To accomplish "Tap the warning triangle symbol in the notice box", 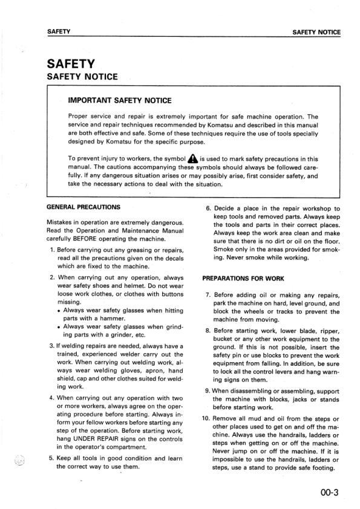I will pos(192,159).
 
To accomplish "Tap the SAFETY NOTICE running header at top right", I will pos(316,33).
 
